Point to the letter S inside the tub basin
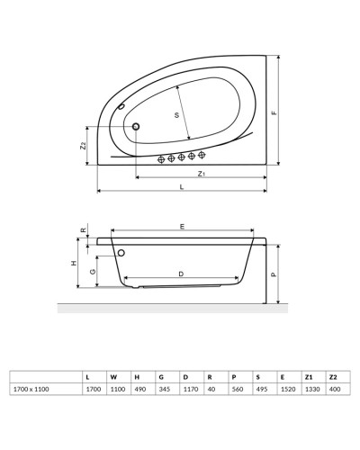point(176,114)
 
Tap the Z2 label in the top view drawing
point(82,145)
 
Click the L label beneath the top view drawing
point(182,187)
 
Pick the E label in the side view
point(183,227)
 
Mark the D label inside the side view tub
point(181,273)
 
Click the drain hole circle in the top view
point(136,127)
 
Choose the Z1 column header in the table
point(308,375)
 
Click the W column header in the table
point(112,375)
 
